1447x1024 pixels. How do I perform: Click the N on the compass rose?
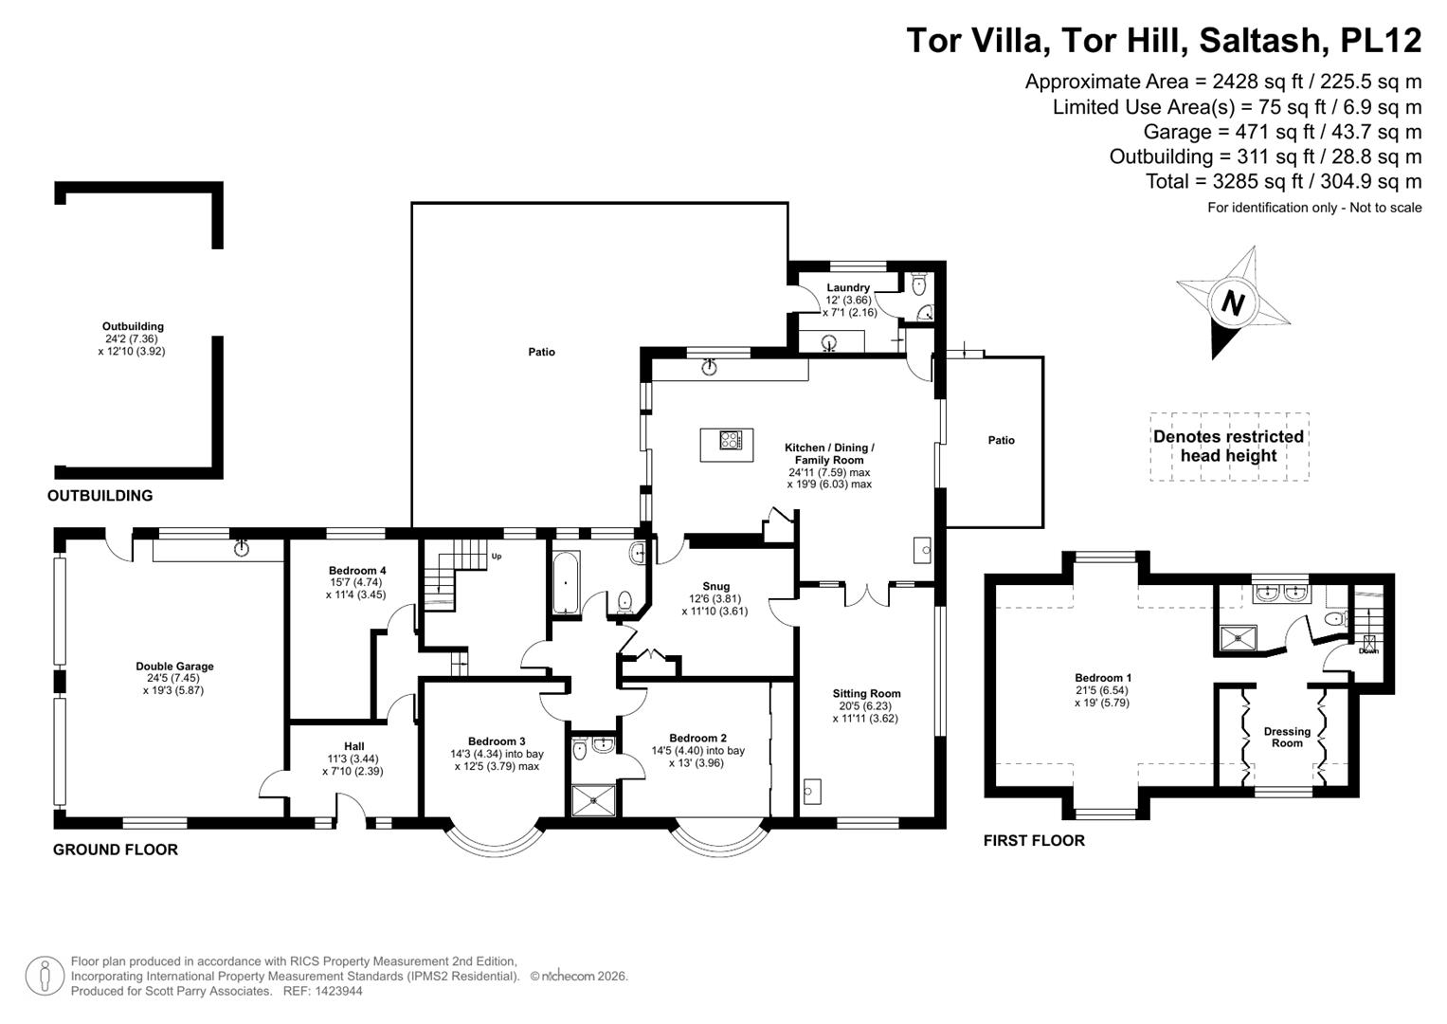pos(1233,303)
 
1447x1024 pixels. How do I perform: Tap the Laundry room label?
pos(848,287)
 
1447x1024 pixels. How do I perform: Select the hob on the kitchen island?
pos(731,440)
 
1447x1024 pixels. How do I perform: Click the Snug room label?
pos(715,586)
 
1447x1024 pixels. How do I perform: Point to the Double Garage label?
pos(174,666)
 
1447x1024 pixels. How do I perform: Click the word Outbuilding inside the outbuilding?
pos(133,326)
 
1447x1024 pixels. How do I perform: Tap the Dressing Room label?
pos(1287,737)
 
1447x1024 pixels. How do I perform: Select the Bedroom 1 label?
pos(1103,678)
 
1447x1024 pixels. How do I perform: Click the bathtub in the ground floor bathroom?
pos(567,582)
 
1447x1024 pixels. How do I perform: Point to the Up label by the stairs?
pos(497,556)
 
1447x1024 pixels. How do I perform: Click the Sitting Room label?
pos(866,694)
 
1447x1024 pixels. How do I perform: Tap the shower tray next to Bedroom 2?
pos(593,800)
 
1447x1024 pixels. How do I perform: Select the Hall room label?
pos(354,746)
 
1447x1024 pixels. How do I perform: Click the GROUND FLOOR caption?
pos(115,850)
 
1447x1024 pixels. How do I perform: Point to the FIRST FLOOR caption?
pos(1034,840)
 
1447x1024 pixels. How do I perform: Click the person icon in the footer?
pos(45,976)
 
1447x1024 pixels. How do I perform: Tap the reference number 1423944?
pos(339,991)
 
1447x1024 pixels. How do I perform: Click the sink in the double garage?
pos(242,548)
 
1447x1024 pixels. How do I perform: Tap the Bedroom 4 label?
pos(357,570)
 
